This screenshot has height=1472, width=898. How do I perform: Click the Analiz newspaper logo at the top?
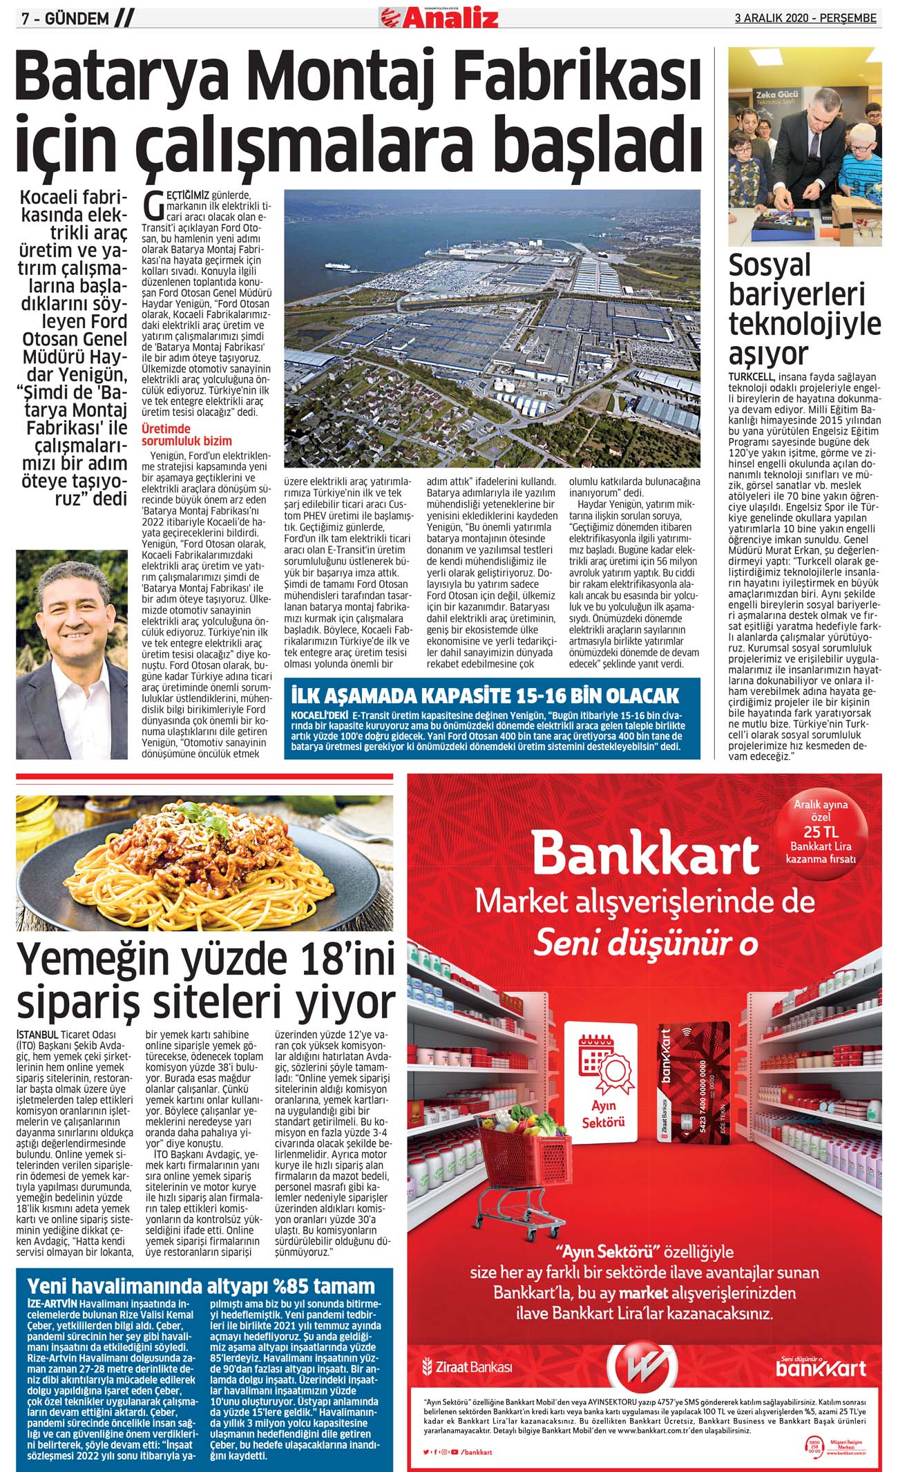pos(439,16)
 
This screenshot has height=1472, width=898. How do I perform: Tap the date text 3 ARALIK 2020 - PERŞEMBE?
pos(805,19)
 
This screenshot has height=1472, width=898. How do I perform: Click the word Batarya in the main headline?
pos(138,79)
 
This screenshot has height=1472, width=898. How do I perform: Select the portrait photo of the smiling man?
pos(72,654)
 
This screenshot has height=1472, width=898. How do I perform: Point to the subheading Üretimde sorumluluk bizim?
pos(187,435)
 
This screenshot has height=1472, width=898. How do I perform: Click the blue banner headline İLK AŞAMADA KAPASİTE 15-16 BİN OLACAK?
pos(485,695)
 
